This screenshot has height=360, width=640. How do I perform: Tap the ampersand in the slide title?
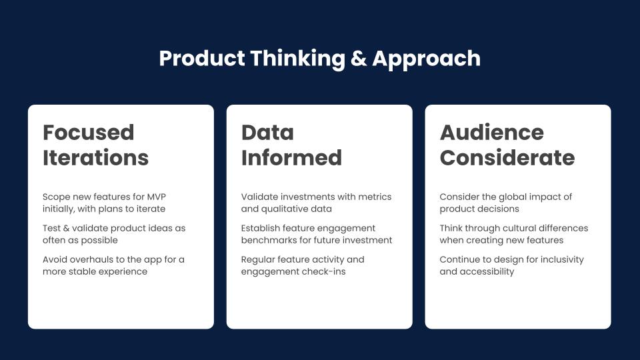[x=359, y=59]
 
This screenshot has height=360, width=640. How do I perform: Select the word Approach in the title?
[x=426, y=59]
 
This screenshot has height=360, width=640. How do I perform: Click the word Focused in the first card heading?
[x=88, y=132]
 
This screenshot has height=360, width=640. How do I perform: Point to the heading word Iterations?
[x=95, y=157]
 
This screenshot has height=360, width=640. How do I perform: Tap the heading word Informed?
[x=291, y=157]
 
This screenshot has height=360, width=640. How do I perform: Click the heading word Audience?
[x=491, y=132]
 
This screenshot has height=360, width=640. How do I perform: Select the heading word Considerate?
[x=507, y=157]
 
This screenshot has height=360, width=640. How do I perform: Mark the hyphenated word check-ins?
[x=323, y=271]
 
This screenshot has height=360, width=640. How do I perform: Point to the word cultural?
[x=522, y=228]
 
